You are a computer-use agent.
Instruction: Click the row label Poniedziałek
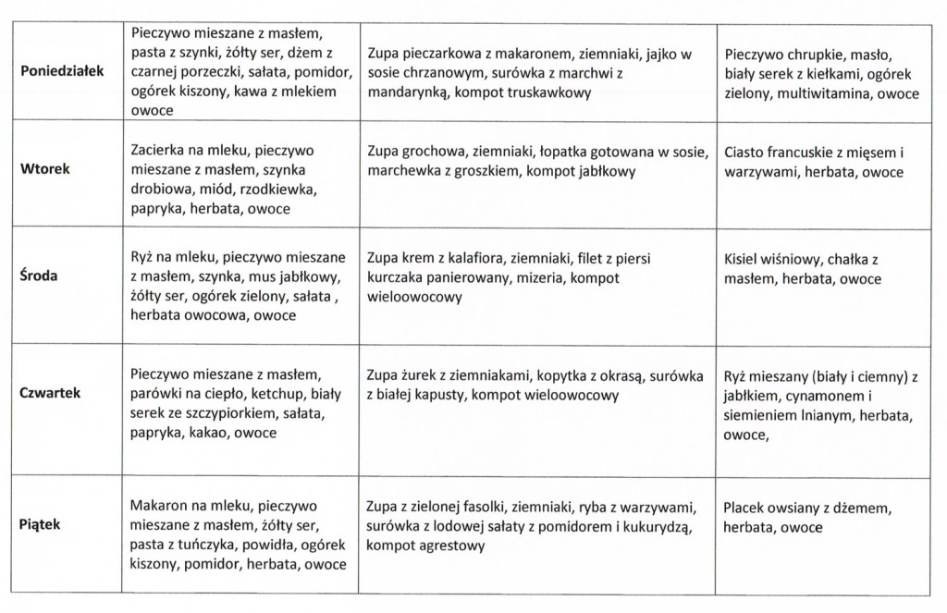[63, 71]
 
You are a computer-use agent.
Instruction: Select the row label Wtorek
[45, 169]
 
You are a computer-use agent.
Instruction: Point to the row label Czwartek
[50, 393]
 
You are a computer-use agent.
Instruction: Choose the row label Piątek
[40, 524]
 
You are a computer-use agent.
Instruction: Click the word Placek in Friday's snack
[745, 508]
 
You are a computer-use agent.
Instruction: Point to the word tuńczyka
[214, 545]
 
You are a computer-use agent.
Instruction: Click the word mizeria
[541, 277]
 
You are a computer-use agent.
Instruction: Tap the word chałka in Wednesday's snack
[851, 259]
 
